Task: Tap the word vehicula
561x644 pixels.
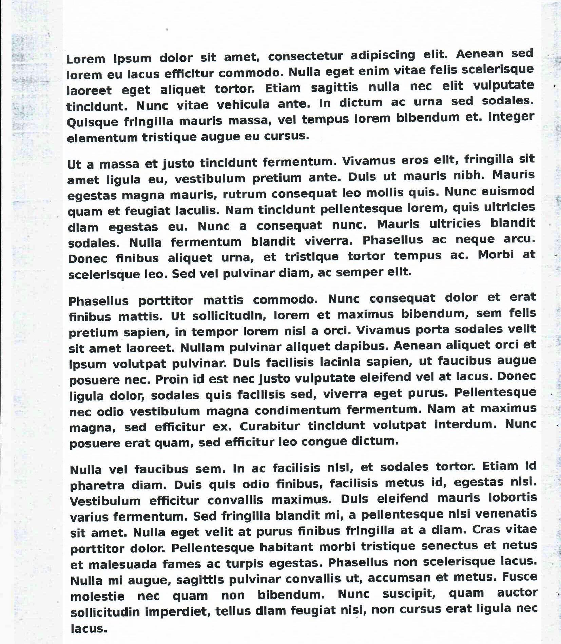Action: coord(243,104)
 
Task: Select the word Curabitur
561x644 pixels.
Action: coord(270,426)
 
